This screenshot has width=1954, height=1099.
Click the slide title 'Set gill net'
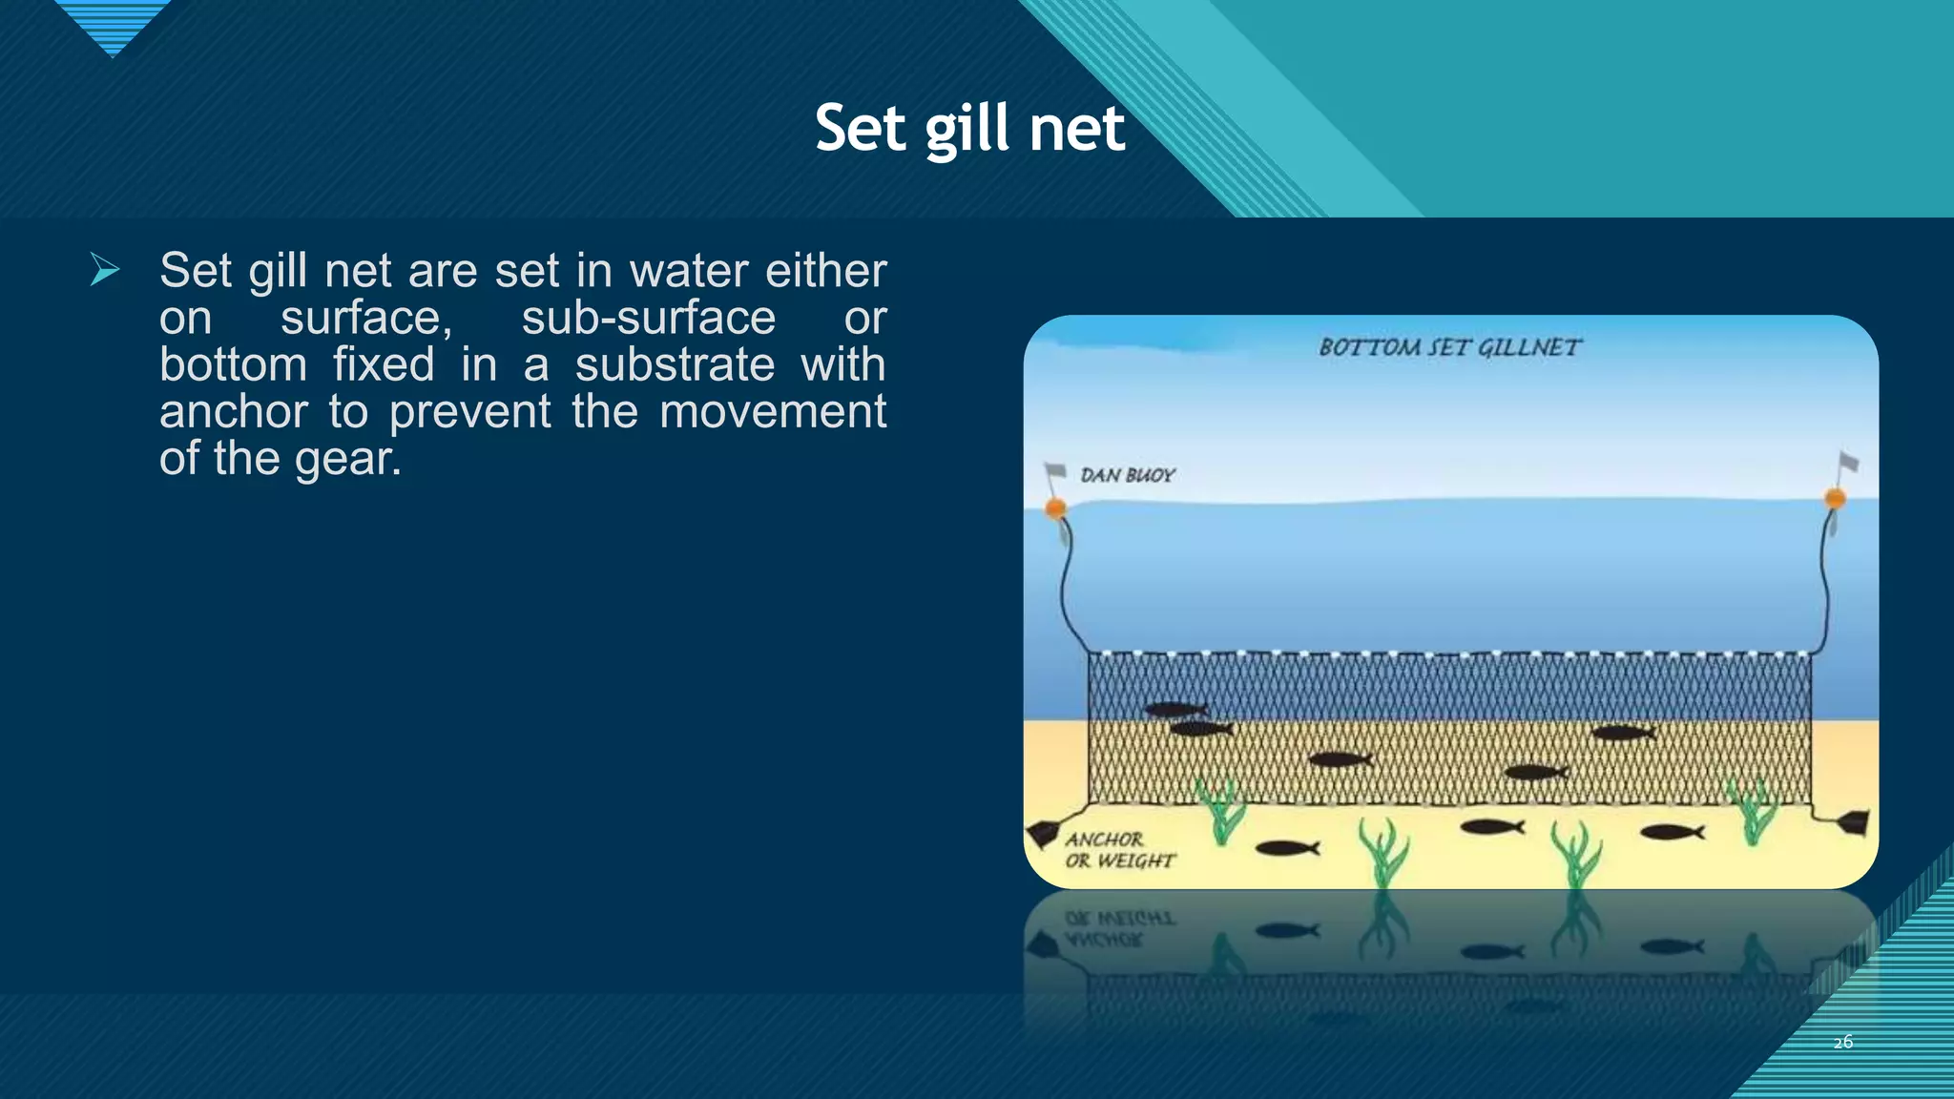point(969,129)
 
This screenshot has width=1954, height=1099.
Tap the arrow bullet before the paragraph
point(105,270)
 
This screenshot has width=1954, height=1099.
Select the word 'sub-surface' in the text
point(648,318)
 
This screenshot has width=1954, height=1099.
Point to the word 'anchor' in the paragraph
point(233,411)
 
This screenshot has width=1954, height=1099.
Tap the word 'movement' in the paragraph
point(772,411)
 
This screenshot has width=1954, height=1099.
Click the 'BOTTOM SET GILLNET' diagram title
point(1448,347)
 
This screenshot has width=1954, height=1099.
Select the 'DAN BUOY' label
point(1127,475)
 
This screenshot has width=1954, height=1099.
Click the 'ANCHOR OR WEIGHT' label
point(1118,850)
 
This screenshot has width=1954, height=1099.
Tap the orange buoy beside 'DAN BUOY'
point(1055,508)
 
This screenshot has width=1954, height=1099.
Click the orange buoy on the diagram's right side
point(1834,498)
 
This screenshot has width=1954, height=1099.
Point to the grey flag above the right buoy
point(1848,463)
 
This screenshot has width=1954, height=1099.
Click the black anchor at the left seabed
point(1044,834)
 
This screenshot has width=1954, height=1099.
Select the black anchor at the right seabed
point(1853,821)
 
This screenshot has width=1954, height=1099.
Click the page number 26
point(1842,1042)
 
